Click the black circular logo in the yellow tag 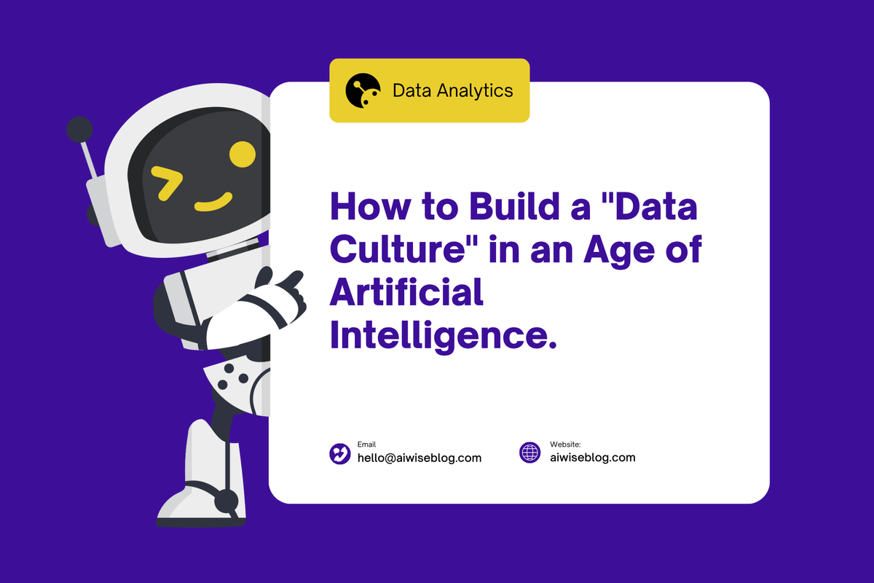(x=363, y=91)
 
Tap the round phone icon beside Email (x=340, y=453)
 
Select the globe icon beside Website (x=530, y=453)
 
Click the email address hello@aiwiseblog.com (x=419, y=458)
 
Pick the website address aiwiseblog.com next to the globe (x=593, y=458)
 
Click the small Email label (x=367, y=444)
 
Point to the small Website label (x=565, y=444)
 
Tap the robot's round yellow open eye (x=243, y=153)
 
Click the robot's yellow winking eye (x=167, y=183)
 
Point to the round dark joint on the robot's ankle (x=227, y=501)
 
